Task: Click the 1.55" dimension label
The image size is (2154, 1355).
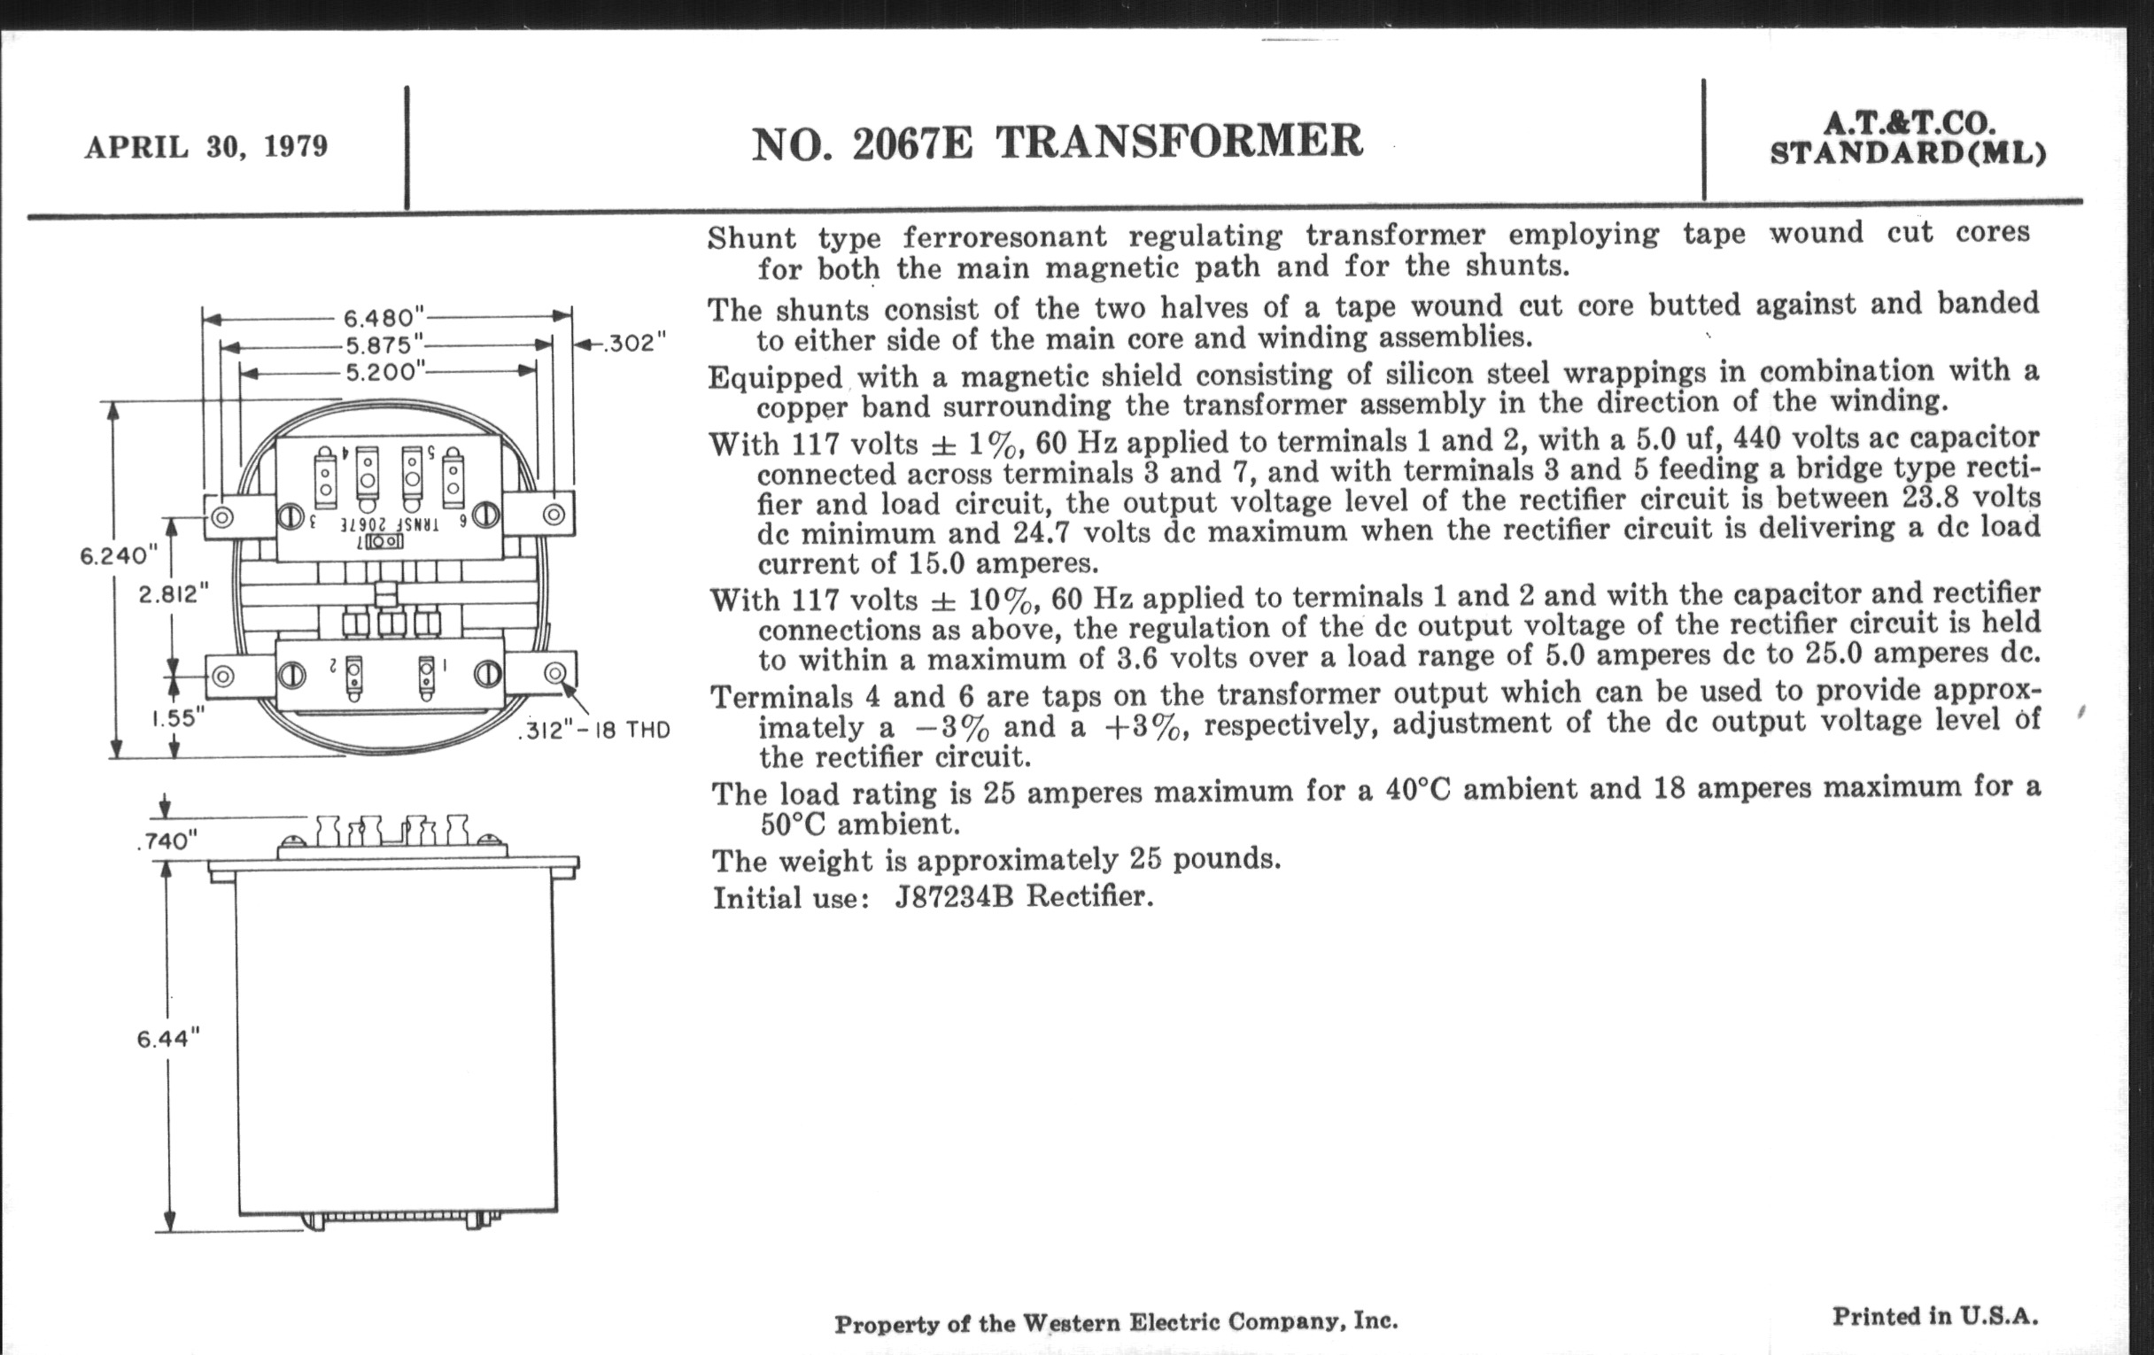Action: tap(177, 717)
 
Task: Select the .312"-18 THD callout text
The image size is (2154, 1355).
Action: tap(594, 731)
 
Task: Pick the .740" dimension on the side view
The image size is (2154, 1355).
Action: tap(167, 840)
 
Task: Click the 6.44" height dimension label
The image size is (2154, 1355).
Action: tap(168, 1038)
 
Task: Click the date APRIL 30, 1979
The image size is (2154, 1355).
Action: tap(206, 147)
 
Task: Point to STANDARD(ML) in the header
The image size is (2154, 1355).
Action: tap(1908, 153)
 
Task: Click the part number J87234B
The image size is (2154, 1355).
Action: tap(955, 896)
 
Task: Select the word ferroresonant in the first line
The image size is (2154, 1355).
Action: tap(1004, 236)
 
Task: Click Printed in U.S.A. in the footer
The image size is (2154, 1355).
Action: tap(1935, 1316)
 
